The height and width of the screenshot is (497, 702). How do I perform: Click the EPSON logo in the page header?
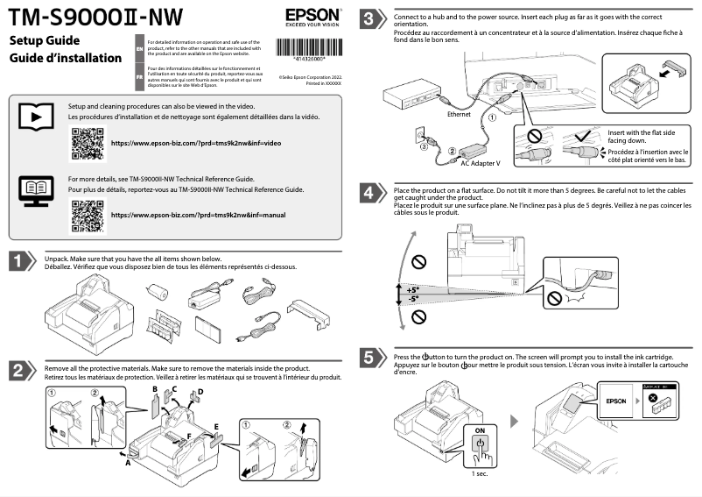(x=308, y=17)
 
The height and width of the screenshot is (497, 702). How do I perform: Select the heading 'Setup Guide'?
(x=45, y=41)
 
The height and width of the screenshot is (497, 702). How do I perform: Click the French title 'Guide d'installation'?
(x=66, y=59)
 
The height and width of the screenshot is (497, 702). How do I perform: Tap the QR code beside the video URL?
(x=86, y=142)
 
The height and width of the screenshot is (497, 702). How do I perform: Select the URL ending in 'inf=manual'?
(x=197, y=215)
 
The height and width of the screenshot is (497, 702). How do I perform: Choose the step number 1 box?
(x=22, y=262)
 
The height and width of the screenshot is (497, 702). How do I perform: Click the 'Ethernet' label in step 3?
(x=460, y=114)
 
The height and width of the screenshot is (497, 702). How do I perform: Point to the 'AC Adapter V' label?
(x=480, y=163)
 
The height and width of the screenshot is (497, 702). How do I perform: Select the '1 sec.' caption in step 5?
(x=479, y=473)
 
